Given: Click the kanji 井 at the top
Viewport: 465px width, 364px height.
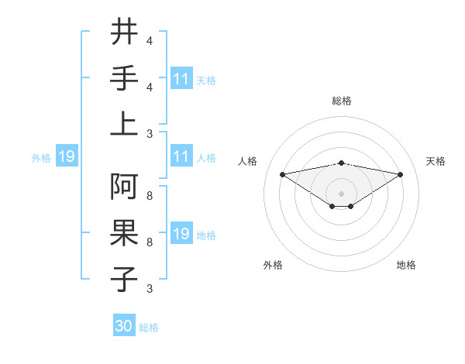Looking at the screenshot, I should pos(124,33).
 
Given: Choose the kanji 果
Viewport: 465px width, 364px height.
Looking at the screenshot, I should pos(124,232).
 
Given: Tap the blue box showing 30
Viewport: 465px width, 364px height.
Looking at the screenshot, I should pos(124,326).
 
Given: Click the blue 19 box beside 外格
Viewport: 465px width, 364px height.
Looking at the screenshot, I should pos(67,157).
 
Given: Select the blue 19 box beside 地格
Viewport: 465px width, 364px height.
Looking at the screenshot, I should pos(181,234).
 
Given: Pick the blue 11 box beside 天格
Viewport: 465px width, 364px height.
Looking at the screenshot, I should pos(181,78).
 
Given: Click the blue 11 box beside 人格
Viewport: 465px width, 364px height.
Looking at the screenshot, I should pos(181,157).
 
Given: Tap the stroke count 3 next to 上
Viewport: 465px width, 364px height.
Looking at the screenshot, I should pos(150,133).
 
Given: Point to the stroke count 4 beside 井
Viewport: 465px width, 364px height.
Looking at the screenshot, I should pos(150,41).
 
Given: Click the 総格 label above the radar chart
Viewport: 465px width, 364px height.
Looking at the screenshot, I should pos(341,101).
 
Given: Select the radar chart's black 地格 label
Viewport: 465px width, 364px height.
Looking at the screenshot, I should pos(406,265).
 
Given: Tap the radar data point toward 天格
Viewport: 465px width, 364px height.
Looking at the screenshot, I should pos(400,175).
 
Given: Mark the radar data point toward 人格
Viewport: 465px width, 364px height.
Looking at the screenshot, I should pos(282,173).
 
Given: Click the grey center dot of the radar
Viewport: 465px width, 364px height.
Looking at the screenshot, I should pos(341,193).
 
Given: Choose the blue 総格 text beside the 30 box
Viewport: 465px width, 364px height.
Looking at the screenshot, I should pos(150,328).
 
